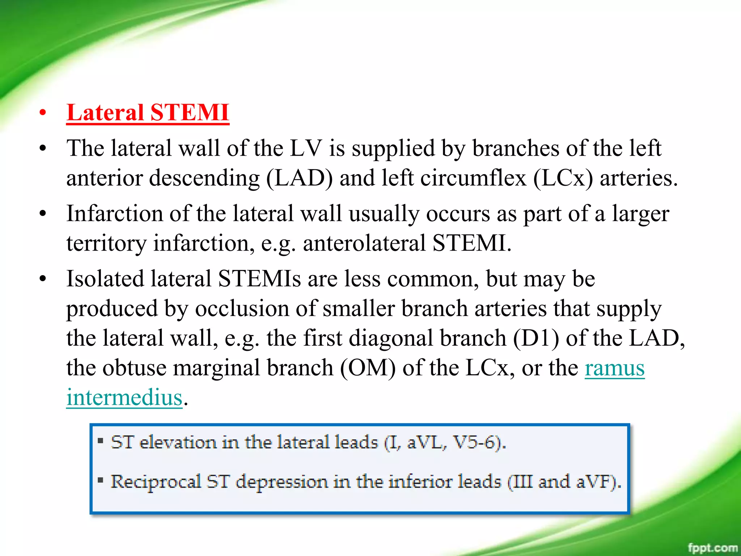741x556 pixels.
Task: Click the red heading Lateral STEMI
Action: (148, 113)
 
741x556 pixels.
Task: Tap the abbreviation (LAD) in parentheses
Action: (299, 178)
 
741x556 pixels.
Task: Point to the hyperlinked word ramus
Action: (614, 368)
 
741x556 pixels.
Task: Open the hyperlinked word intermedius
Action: (124, 398)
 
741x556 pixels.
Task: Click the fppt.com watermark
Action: (712, 547)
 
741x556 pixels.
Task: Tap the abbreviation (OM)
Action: (368, 368)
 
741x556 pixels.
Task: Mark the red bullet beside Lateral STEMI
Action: (43, 113)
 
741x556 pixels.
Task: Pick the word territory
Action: (106, 243)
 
